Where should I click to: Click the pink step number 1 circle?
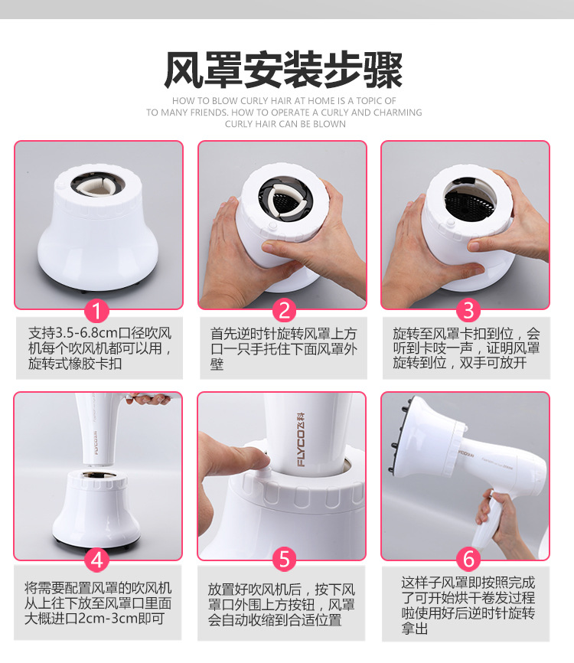[x=97, y=310]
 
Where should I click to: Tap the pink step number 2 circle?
[x=283, y=310]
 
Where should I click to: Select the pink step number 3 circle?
[x=468, y=310]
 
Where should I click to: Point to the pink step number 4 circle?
[x=97, y=560]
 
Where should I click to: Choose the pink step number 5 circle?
[x=283, y=560]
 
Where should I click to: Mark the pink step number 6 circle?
[x=468, y=560]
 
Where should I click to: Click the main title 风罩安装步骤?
[x=284, y=70]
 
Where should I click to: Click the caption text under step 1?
[x=99, y=348]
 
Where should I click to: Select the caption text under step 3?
[x=466, y=348]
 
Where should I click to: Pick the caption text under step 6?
[x=468, y=606]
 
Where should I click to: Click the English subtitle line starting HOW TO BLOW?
[x=284, y=100]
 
